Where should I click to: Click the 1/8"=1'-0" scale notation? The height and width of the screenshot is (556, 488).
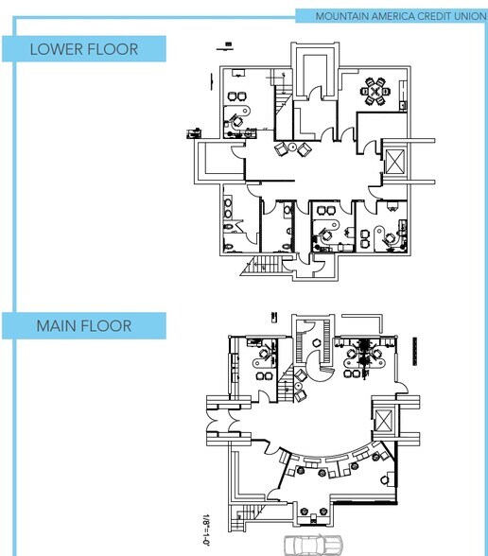[205, 530]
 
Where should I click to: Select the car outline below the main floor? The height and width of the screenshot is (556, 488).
[313, 545]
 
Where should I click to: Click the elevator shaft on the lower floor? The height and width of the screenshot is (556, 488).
[394, 162]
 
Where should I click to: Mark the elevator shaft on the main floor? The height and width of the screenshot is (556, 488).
[383, 420]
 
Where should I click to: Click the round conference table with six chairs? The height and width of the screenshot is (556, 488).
[375, 91]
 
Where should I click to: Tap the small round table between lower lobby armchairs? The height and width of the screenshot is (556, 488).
[292, 147]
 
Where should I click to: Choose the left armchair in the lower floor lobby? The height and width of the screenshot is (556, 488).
[281, 148]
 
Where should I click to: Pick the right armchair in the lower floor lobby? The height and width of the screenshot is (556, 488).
[305, 149]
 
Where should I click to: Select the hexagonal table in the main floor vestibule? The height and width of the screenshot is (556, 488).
[316, 343]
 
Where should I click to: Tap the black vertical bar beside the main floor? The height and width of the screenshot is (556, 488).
[415, 351]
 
